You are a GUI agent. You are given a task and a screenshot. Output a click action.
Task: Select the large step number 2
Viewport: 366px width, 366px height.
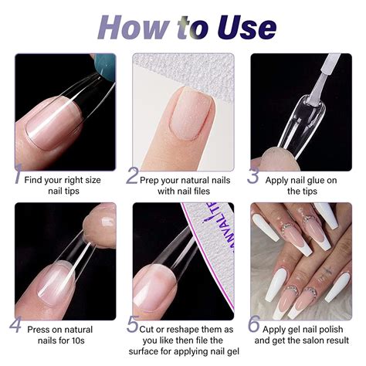132,175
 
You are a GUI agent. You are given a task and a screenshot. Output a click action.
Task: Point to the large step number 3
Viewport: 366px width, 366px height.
252,175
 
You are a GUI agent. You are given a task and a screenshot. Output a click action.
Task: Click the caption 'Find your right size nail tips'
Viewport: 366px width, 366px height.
65,185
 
